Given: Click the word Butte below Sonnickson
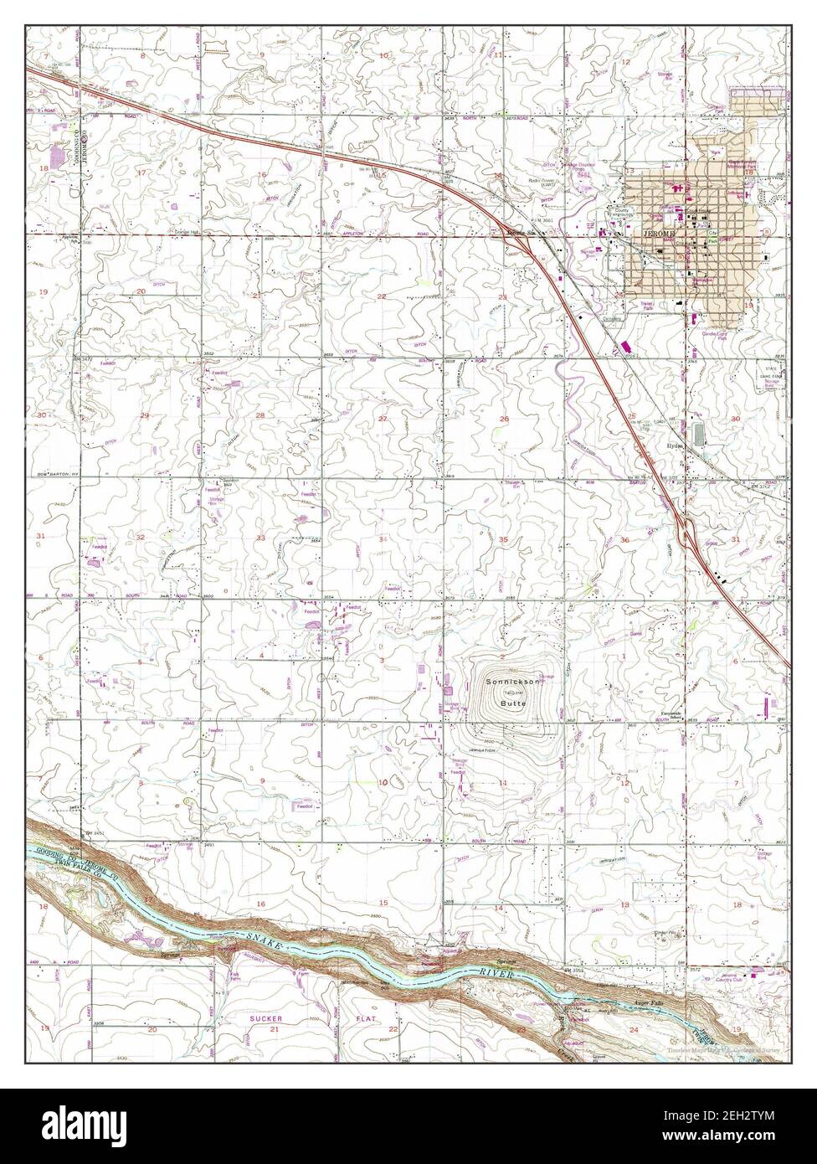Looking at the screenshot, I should [512, 705].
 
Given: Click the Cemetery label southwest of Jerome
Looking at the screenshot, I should [614, 317].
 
